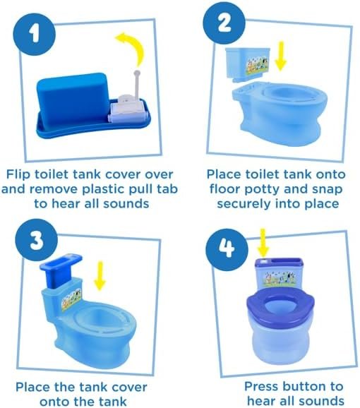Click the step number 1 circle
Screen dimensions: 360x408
(35, 34)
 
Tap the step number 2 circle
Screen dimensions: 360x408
(224, 23)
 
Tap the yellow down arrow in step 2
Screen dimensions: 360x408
(280, 56)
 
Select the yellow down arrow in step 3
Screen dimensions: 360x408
(100, 276)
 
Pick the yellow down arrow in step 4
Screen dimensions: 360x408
(263, 243)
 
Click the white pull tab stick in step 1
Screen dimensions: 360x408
(136, 83)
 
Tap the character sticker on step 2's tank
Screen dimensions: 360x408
(256, 65)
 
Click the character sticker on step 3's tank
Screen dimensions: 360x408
(71, 299)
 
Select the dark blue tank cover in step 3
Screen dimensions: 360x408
(61, 271)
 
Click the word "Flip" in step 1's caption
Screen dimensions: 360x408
(18, 175)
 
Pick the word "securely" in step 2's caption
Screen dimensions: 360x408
(244, 204)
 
